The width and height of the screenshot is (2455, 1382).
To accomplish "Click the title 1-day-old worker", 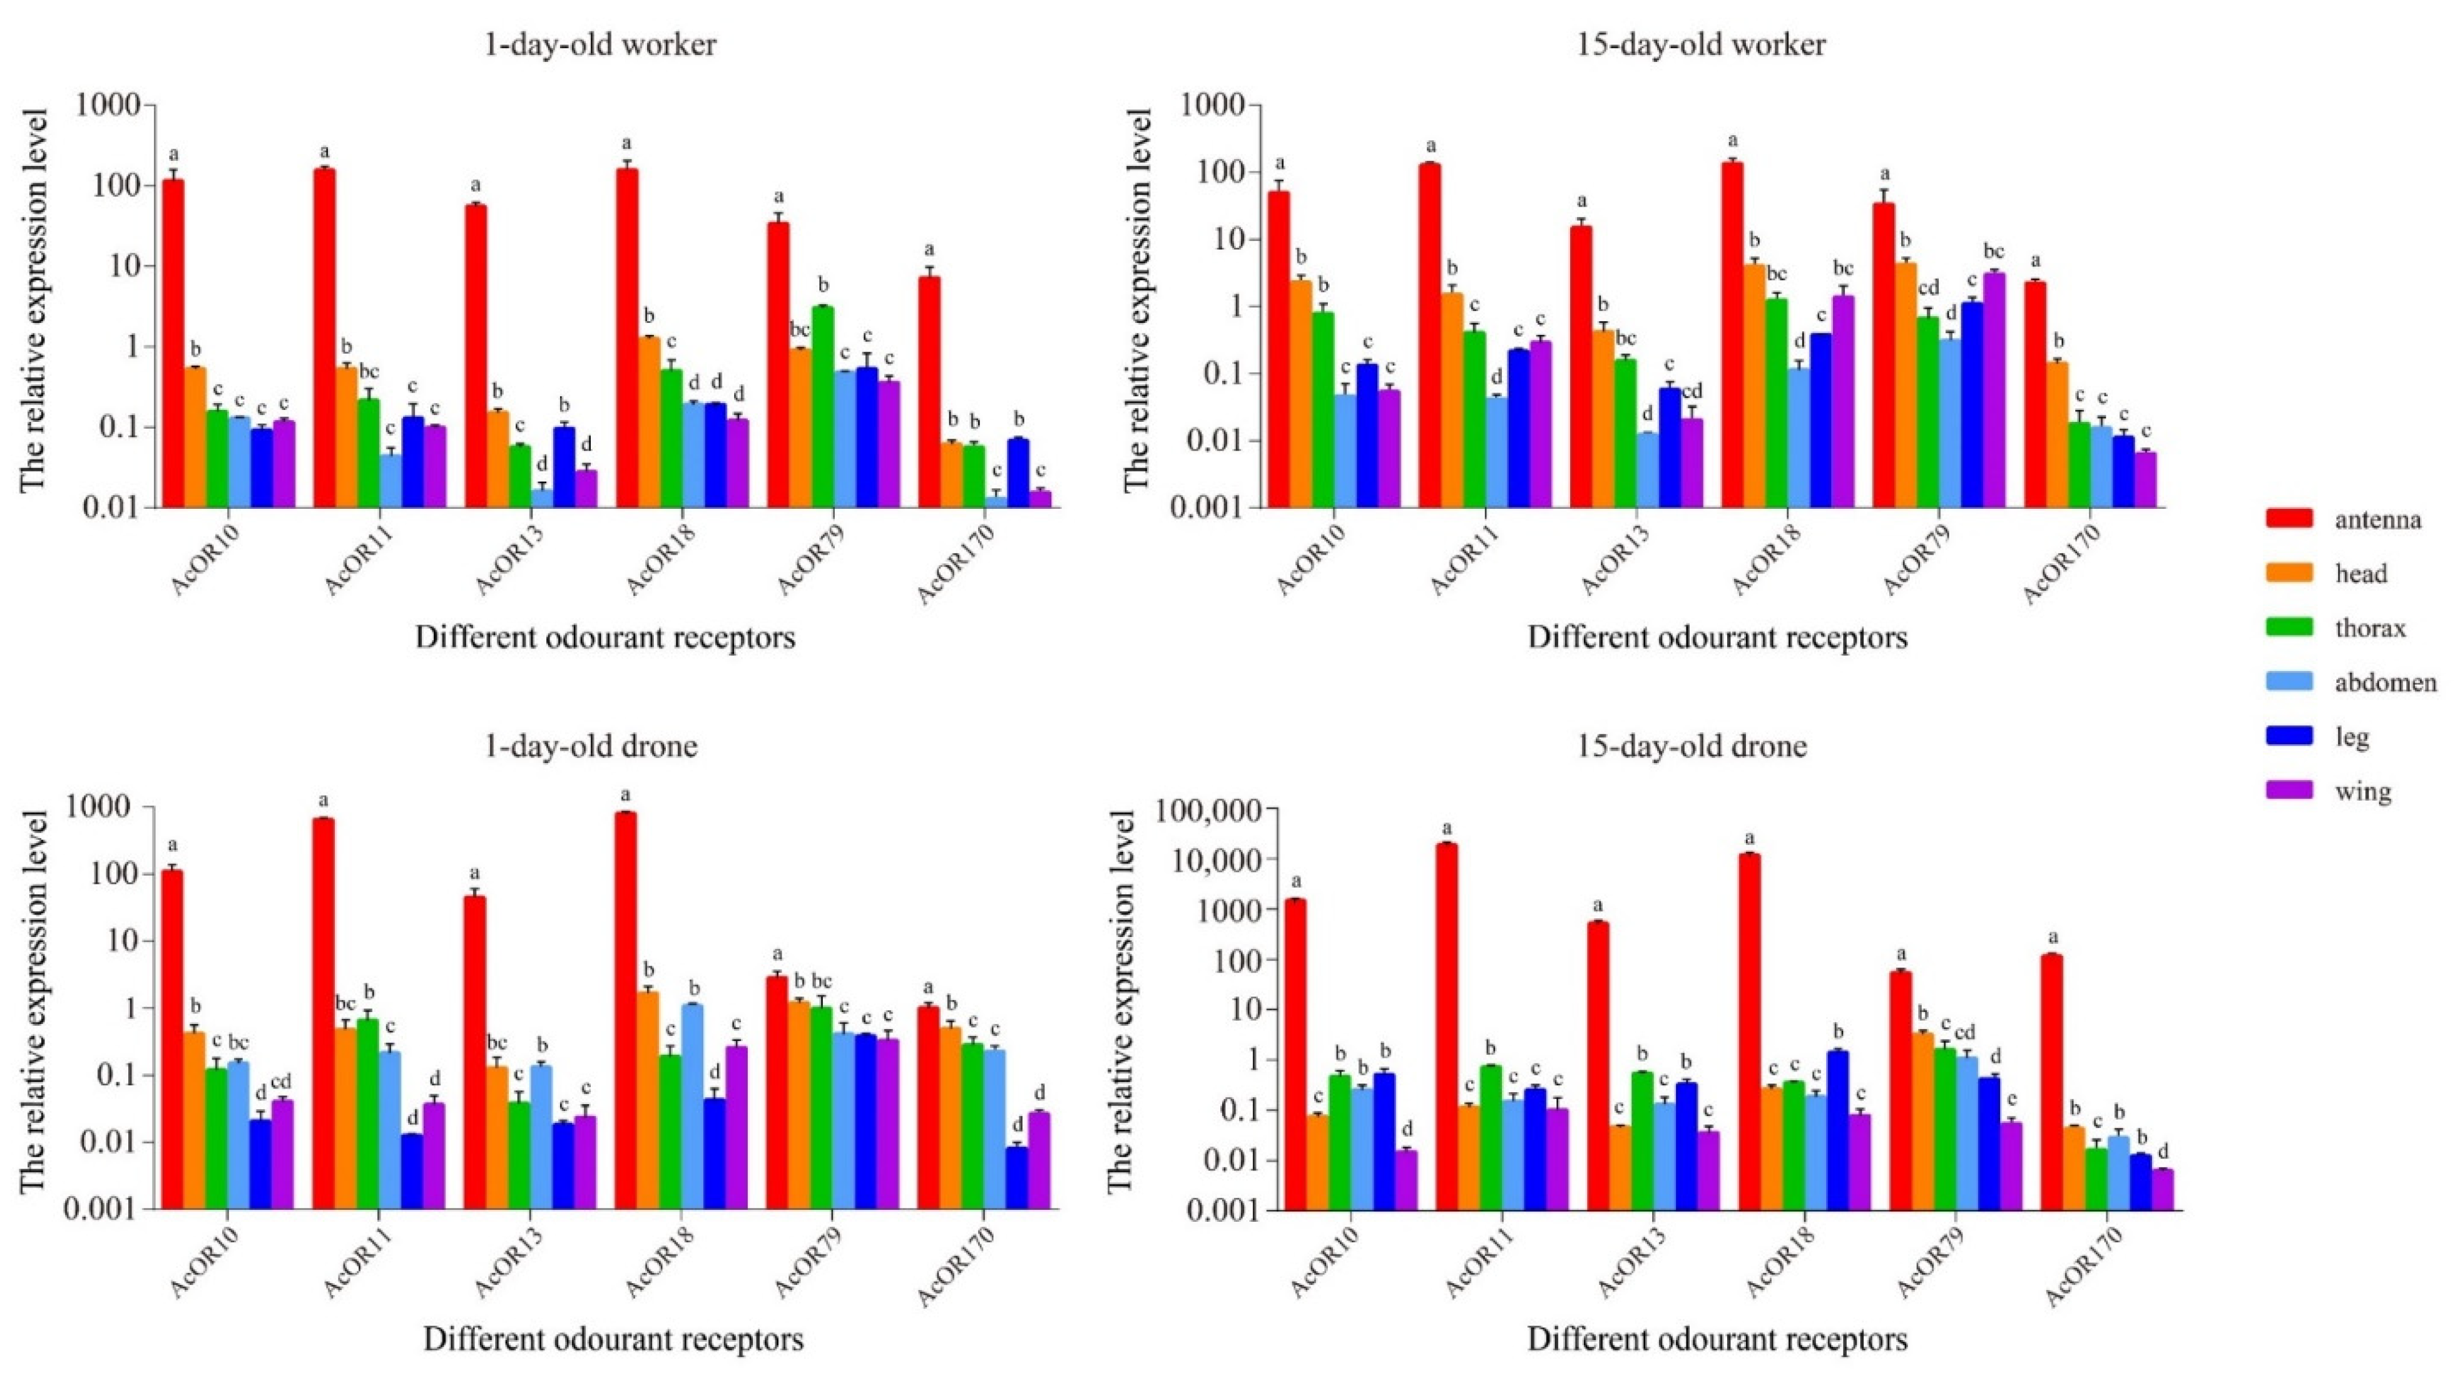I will [x=600, y=45].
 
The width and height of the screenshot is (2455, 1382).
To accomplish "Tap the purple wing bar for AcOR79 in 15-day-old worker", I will [x=1994, y=390].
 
